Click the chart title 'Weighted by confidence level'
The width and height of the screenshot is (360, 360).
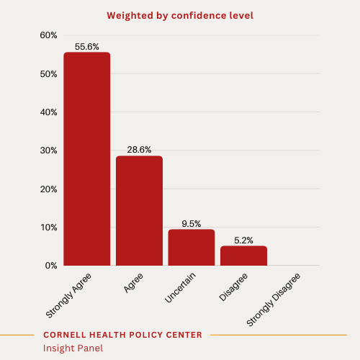tap(179, 15)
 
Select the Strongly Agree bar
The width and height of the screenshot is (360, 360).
tap(86, 158)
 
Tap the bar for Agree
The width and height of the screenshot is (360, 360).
tap(139, 210)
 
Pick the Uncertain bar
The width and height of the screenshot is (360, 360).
tap(192, 247)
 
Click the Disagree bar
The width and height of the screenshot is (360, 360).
tap(243, 256)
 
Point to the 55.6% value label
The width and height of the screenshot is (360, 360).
tap(86, 46)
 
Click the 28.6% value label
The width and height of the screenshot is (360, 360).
tap(139, 150)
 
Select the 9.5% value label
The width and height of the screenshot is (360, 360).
tap(192, 223)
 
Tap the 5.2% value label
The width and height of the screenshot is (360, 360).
tap(243, 240)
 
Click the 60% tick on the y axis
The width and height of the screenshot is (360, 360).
tap(48, 35)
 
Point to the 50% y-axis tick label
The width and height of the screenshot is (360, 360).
tap(48, 74)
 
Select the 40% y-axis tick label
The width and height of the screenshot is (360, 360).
tap(48, 112)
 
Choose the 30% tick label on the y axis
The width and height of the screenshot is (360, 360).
tap(48, 150)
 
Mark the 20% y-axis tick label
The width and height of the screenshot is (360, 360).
tap(48, 189)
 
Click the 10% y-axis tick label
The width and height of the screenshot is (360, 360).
tap(48, 228)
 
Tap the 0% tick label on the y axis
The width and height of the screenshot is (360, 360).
tap(50, 266)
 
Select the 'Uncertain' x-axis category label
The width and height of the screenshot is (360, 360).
tap(180, 287)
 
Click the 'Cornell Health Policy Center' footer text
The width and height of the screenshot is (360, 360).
tap(122, 335)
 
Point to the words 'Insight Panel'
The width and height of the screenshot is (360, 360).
tap(73, 348)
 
